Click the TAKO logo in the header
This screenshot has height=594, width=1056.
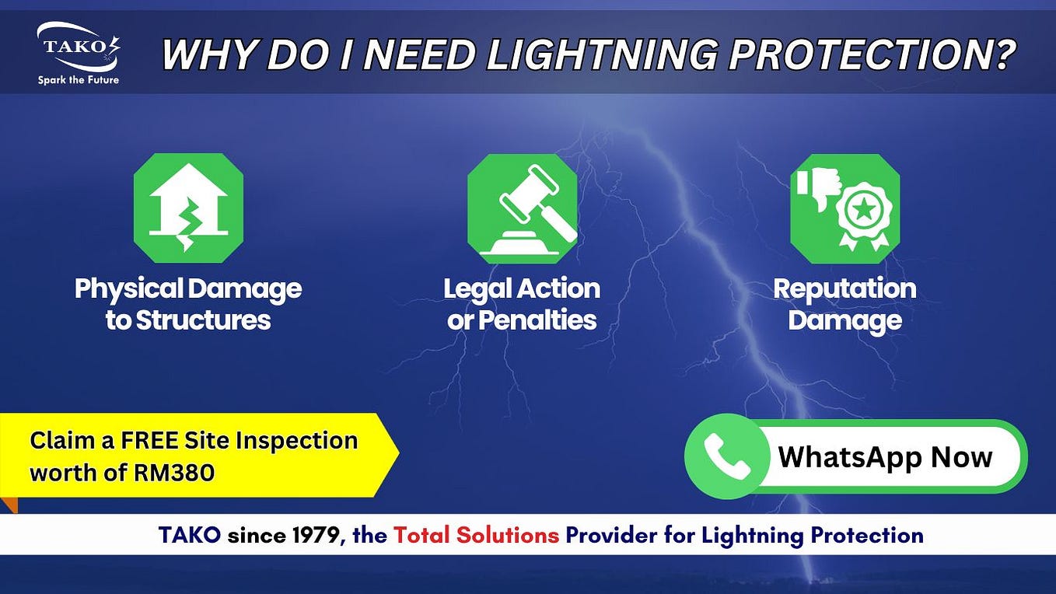[78, 47]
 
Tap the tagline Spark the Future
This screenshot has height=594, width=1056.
[78, 79]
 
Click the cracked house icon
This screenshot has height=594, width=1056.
[188, 208]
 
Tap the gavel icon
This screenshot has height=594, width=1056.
[522, 208]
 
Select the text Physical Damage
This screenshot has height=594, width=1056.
[188, 289]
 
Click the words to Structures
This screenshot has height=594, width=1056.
[188, 320]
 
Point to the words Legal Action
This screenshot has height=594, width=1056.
[522, 289]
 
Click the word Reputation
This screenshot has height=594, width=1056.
[844, 289]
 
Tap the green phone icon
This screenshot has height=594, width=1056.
[726, 456]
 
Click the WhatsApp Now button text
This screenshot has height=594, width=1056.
[885, 456]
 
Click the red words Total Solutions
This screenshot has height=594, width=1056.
[476, 535]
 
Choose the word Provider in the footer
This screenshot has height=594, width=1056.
[604, 535]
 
